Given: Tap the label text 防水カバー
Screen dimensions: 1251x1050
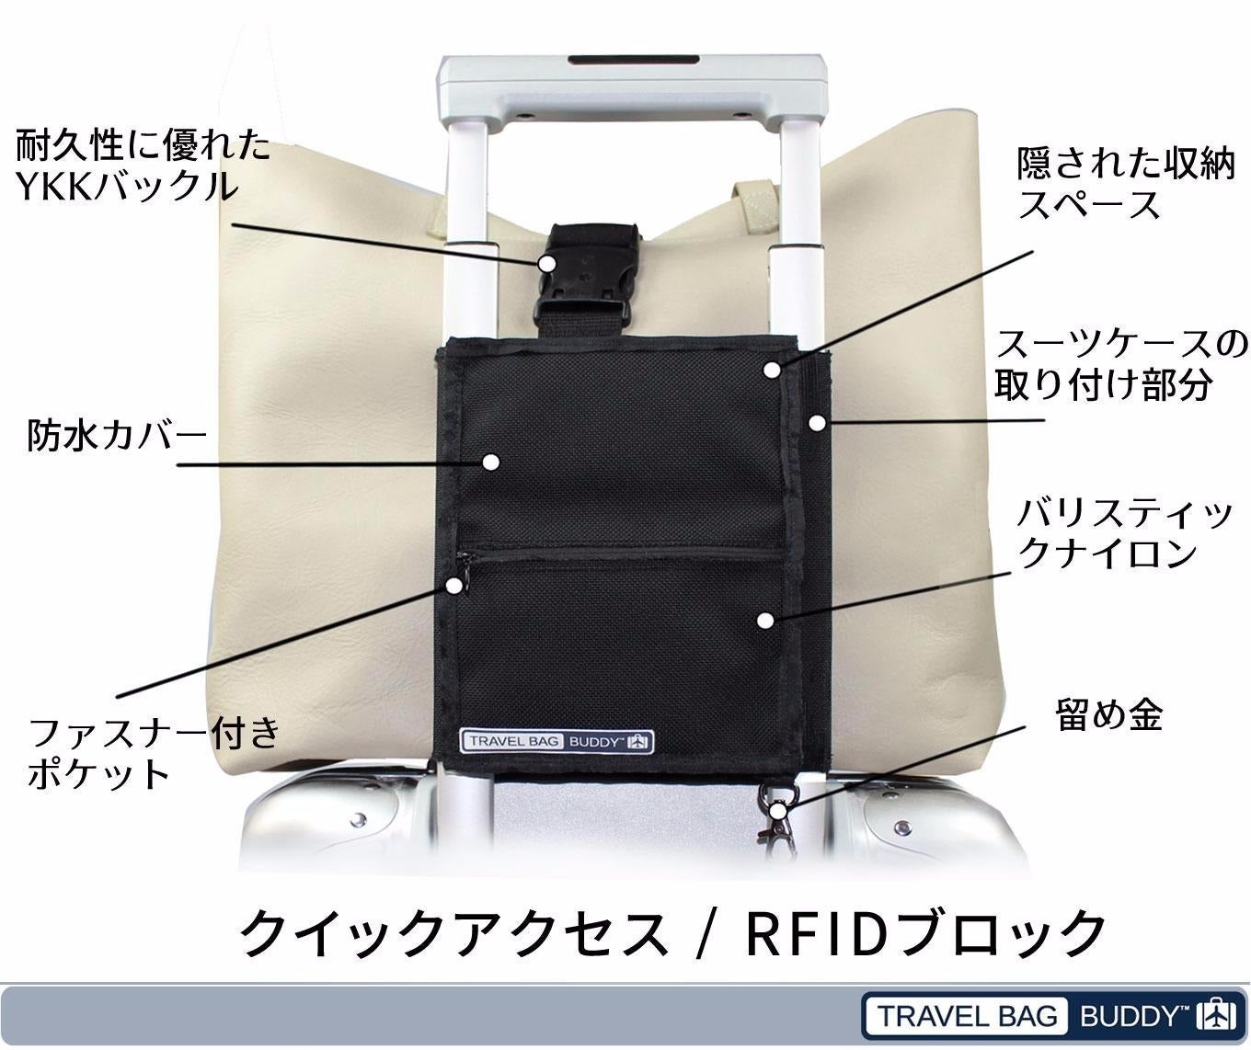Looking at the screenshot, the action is (x=116, y=436).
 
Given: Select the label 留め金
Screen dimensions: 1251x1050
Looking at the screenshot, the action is (x=1108, y=714).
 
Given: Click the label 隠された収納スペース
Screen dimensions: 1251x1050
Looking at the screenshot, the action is (x=1125, y=184).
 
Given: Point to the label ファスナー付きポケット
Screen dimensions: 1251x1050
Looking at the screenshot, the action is (x=154, y=754).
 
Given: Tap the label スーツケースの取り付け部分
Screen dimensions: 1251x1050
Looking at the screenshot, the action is (x=1121, y=364).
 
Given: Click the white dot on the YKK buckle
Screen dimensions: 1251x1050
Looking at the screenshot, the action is (x=546, y=263).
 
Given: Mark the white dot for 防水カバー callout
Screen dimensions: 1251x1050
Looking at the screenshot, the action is (x=490, y=462).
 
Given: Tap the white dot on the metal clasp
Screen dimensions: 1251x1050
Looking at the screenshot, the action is (x=777, y=812).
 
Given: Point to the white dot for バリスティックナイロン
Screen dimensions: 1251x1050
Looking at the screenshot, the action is (x=763, y=621).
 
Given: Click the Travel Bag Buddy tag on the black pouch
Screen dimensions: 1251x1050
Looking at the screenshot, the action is (x=557, y=741).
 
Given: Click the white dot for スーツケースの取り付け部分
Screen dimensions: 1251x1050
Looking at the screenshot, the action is (x=817, y=423).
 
